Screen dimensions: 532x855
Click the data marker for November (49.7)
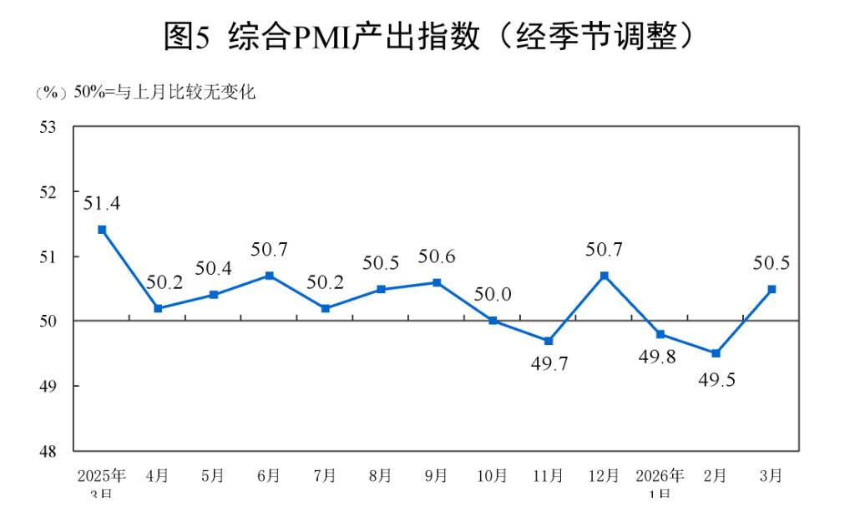[x=549, y=341]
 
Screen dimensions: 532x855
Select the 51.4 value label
[x=101, y=203]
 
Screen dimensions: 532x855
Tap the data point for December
[x=604, y=276]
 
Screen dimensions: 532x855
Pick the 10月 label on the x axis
[x=492, y=476]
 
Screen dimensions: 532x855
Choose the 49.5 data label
[x=716, y=380]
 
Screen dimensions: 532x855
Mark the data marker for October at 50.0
[x=493, y=321]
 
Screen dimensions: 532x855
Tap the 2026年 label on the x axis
[x=660, y=476]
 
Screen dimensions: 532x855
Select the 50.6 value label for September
[x=437, y=257]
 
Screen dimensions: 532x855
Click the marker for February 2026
[x=716, y=353]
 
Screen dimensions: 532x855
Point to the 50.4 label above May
[x=213, y=268]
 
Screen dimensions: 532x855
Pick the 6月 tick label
[x=269, y=476]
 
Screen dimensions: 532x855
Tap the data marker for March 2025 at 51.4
[x=102, y=230]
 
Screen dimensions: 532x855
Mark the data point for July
[x=325, y=308]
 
